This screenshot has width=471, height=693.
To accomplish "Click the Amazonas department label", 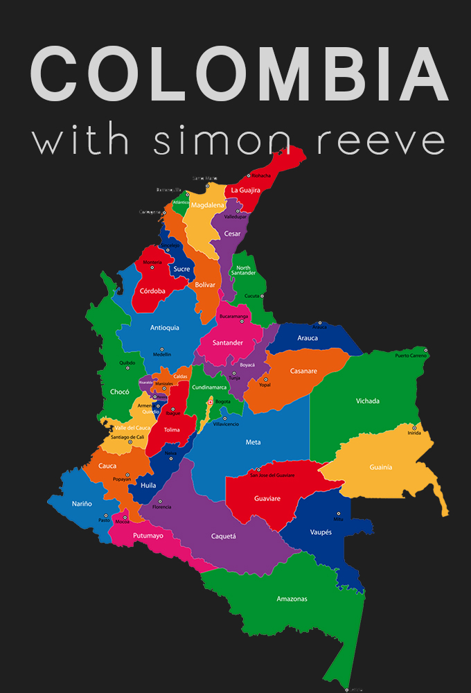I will (292, 599).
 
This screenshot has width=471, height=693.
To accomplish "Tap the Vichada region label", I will (368, 401).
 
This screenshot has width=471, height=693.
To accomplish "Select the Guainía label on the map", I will (381, 467).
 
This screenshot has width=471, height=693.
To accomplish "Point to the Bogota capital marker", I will (210, 401).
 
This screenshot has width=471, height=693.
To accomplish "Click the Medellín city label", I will (161, 354).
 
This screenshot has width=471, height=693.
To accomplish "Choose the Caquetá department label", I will (224, 536).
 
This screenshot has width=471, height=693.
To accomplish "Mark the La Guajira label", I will (245, 189).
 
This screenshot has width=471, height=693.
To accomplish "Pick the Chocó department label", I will (120, 392).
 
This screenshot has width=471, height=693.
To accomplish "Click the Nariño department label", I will (81, 504).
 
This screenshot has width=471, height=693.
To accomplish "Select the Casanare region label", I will (303, 371).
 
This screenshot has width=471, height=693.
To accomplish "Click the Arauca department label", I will (308, 338).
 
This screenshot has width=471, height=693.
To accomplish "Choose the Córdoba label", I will (152, 291).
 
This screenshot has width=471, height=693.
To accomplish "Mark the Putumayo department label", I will (148, 536).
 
